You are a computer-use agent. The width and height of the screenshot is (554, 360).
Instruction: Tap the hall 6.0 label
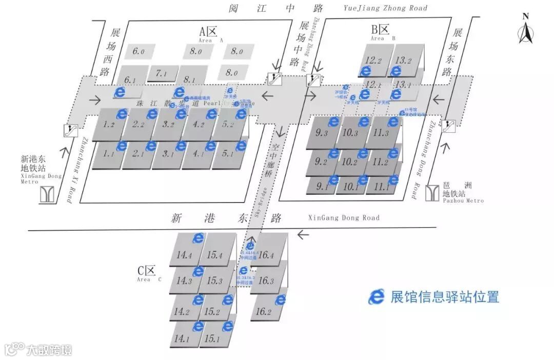(x=138, y=51)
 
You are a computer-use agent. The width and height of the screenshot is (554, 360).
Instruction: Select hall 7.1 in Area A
(x=162, y=74)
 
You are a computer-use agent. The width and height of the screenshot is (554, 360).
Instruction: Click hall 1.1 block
(x=108, y=153)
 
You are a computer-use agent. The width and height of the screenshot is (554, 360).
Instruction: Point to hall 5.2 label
(x=227, y=125)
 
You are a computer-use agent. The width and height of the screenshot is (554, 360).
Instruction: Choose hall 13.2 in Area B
(x=404, y=61)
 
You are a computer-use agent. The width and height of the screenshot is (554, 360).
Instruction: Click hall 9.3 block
(x=322, y=133)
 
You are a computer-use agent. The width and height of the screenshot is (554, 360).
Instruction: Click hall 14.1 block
(x=183, y=338)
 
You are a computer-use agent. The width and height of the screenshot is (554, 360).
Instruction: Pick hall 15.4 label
(x=214, y=255)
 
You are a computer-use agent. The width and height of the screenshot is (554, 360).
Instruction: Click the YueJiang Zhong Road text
(x=385, y=8)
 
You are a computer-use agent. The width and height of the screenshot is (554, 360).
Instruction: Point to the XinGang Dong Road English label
(x=344, y=218)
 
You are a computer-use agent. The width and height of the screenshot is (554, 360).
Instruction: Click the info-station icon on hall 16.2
(x=280, y=299)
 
